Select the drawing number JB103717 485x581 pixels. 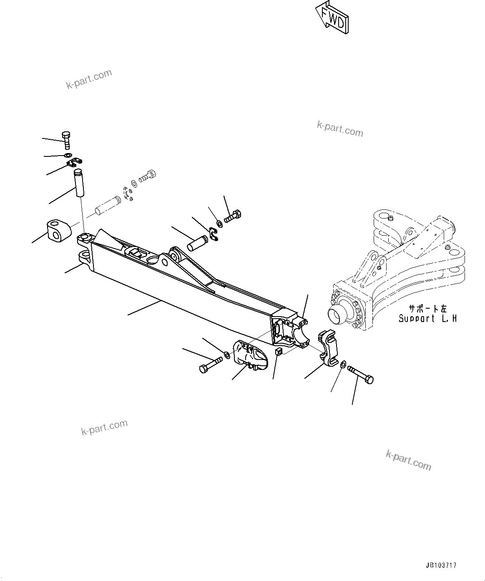click(441, 566)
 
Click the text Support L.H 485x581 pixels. click(427, 319)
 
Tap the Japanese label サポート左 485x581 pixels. click(427, 309)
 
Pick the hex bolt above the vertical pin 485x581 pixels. click(66, 140)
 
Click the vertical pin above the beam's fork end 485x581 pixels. click(79, 182)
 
